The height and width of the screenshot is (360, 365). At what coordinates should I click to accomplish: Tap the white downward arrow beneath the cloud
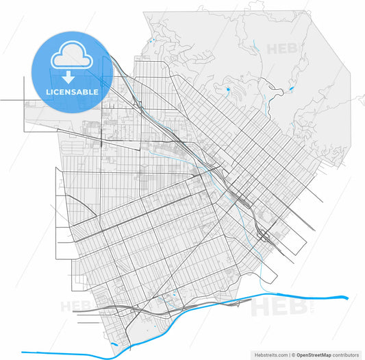(x=70, y=76)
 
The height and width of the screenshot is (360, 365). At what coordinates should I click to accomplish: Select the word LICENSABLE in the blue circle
(x=71, y=92)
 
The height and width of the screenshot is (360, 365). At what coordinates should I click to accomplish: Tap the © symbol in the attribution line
(x=292, y=355)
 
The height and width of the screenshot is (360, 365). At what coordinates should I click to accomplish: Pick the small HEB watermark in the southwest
(x=75, y=306)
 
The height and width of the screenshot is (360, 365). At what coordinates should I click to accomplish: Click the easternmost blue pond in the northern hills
(x=291, y=89)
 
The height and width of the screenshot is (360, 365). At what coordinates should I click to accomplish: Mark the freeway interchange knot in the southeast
(x=264, y=235)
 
